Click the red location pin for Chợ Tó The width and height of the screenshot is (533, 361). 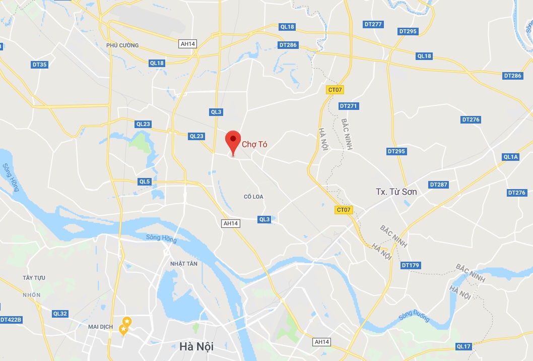(x=232, y=140)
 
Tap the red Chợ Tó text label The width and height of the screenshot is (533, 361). (x=254, y=144)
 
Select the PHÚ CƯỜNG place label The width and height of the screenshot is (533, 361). (x=122, y=45)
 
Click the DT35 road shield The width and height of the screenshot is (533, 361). (x=39, y=65)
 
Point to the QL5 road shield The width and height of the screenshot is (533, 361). (x=145, y=182)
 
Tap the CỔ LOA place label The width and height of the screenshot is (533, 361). (x=253, y=197)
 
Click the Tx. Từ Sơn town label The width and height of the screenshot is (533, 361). (x=396, y=192)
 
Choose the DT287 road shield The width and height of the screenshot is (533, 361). (x=438, y=185)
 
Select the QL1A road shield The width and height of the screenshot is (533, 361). (x=510, y=157)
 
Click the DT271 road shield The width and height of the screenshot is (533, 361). (x=348, y=106)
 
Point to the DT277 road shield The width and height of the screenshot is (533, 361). (x=373, y=24)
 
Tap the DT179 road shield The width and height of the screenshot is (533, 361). (x=410, y=265)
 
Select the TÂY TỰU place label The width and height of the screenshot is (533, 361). (x=34, y=278)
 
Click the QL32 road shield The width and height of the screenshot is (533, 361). (x=59, y=314)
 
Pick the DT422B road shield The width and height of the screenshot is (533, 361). (x=11, y=320)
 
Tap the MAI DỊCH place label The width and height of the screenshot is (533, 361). (x=100, y=327)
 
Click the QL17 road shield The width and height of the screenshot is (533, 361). (x=463, y=346)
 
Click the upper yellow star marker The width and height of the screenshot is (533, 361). (x=127, y=321)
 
